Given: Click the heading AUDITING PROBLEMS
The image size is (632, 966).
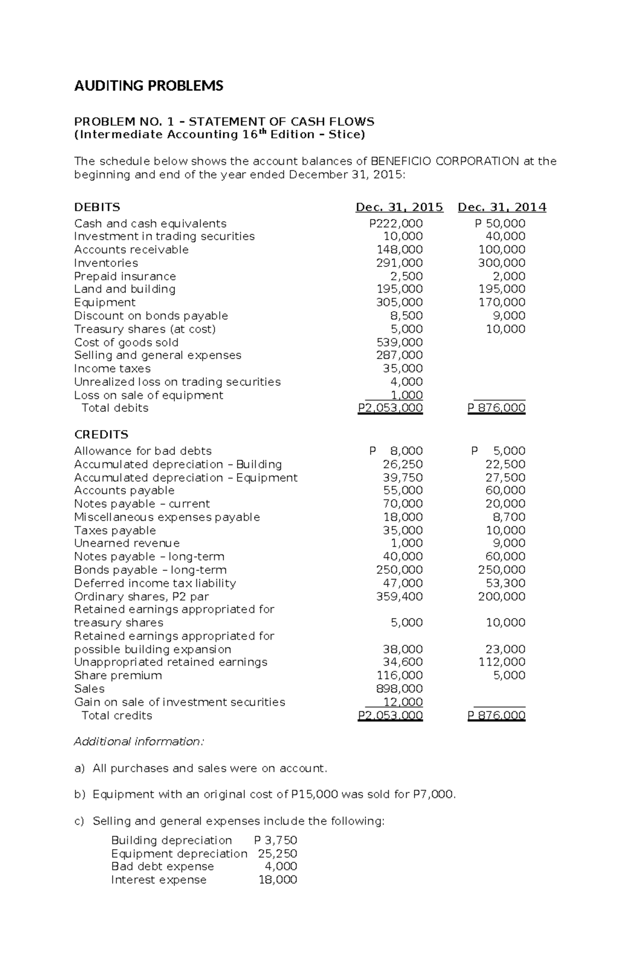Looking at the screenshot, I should click(x=149, y=86).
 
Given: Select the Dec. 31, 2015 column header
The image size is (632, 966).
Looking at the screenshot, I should click(x=399, y=207).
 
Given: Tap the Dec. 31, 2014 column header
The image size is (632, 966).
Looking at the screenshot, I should click(x=501, y=207).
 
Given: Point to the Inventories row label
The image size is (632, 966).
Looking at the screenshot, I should click(x=106, y=263).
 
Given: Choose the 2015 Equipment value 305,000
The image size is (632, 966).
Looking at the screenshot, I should click(x=399, y=303).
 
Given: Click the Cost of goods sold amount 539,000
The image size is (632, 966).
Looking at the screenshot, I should click(x=399, y=343).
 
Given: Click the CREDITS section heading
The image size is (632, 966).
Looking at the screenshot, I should click(x=101, y=435).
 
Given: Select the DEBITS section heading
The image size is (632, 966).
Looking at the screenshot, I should click(x=97, y=207).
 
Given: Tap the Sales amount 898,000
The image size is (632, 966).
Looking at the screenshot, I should click(x=399, y=689).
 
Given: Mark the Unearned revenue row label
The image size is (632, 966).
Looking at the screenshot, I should click(x=127, y=543).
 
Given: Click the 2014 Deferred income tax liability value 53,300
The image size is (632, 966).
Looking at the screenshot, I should click(x=505, y=583).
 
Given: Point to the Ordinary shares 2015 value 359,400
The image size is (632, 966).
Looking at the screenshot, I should click(x=399, y=597).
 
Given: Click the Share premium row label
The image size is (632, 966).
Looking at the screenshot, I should click(x=118, y=676).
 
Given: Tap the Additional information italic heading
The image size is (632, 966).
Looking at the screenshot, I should click(x=139, y=742).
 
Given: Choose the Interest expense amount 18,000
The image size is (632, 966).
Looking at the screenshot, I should click(x=278, y=880).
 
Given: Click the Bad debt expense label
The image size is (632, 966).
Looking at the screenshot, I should click(x=162, y=867).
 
